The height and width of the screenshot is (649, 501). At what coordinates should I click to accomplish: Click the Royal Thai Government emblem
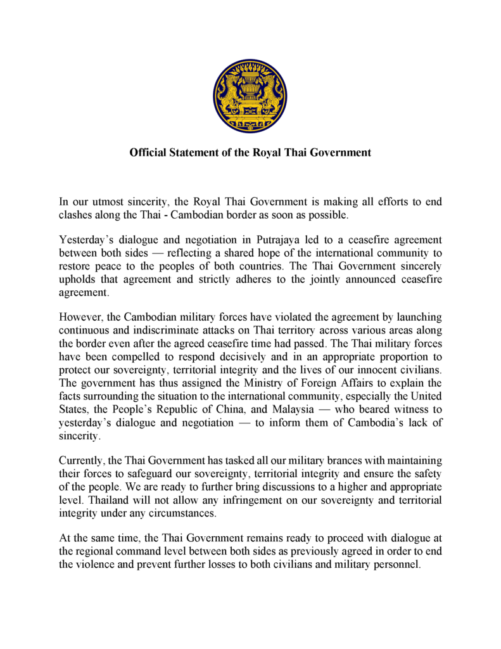pos(250,96)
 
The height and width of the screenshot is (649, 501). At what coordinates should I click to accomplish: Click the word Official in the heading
pos(149,153)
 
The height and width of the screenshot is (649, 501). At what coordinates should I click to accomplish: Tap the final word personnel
pos(399,565)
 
